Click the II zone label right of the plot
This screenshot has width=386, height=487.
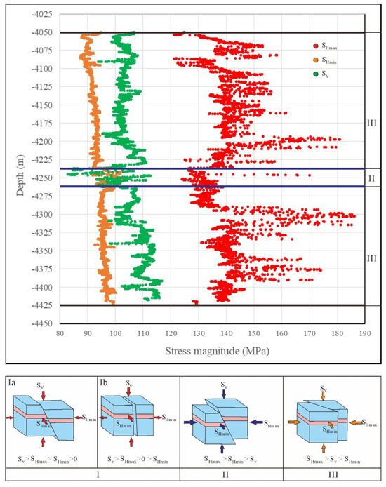(371, 178)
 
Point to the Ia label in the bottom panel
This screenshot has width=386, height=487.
(13, 382)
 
